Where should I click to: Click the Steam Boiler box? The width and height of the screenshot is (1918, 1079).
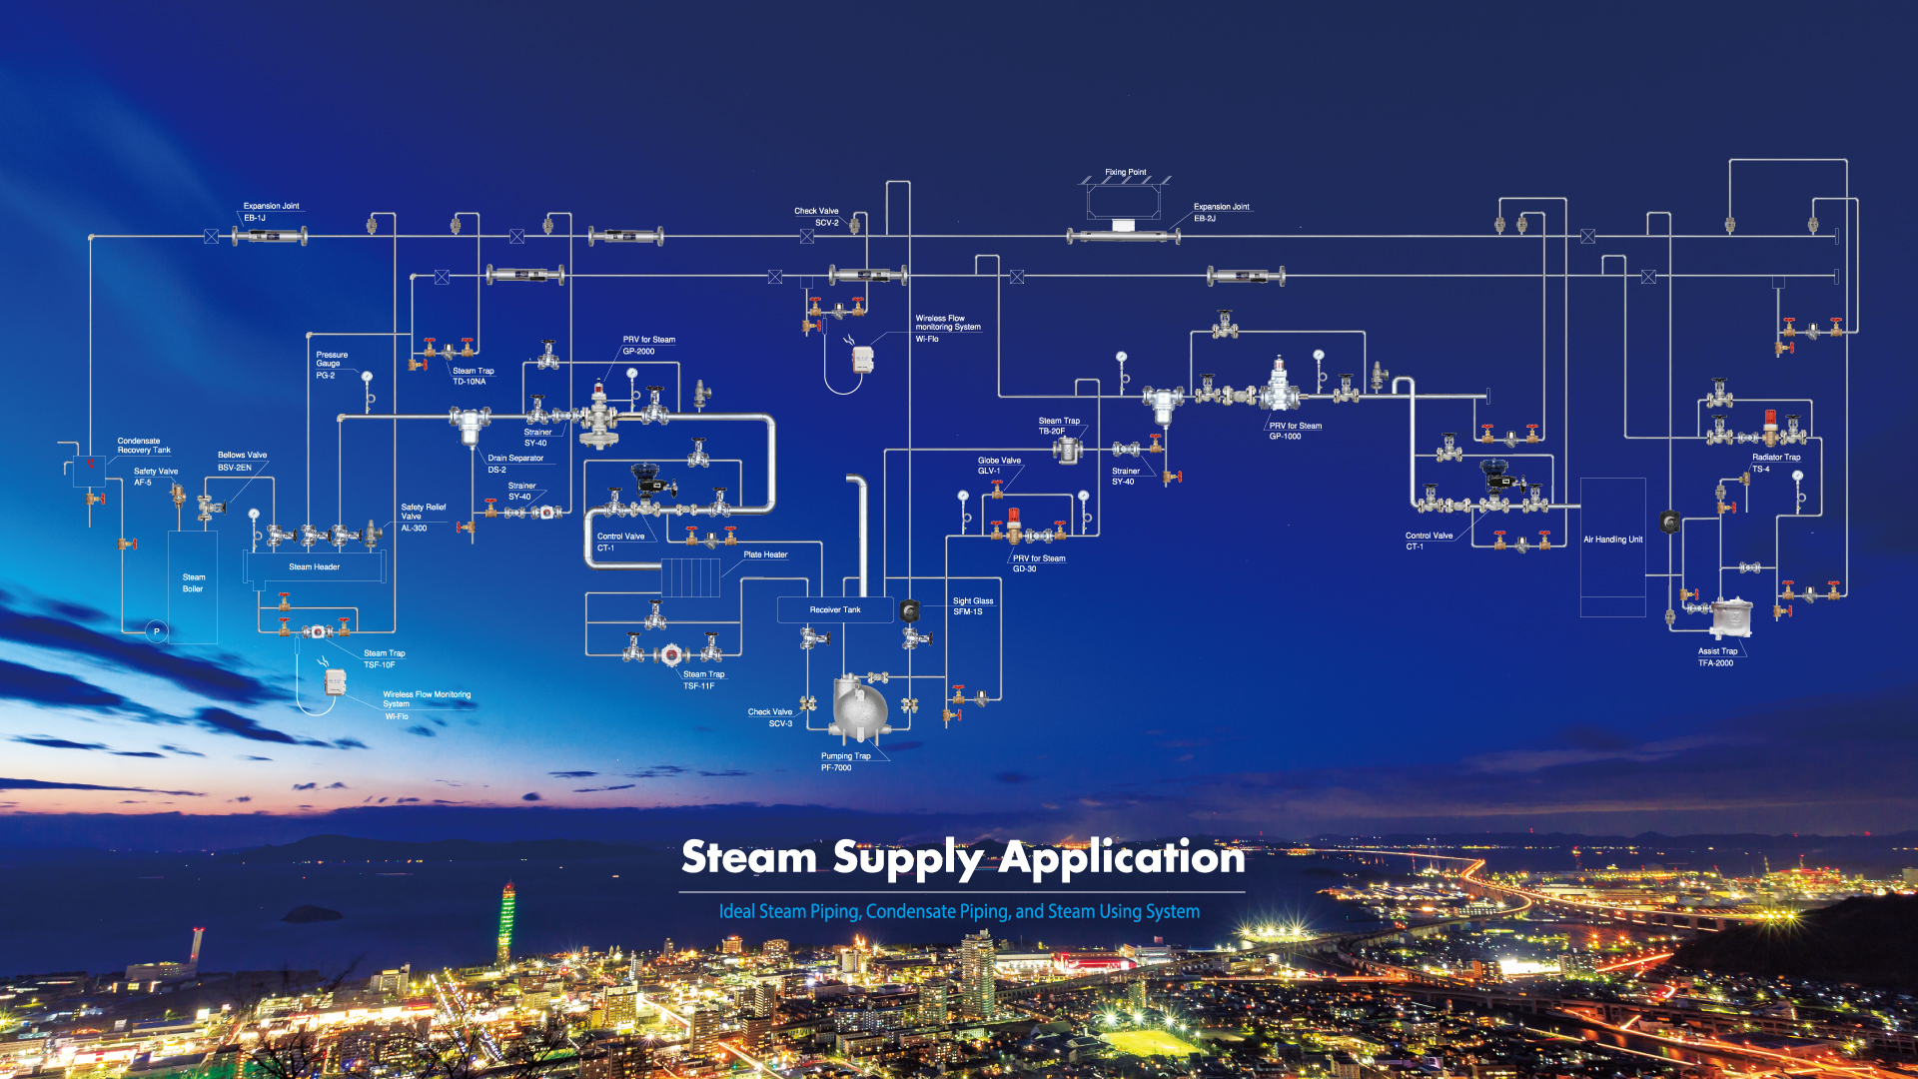tap(193, 583)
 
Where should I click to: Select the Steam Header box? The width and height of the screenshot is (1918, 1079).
tap(315, 566)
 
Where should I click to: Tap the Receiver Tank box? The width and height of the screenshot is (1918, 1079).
tap(835, 609)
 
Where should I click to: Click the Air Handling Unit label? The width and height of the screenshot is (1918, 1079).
tap(1612, 539)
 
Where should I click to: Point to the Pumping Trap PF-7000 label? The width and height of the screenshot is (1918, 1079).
tap(845, 761)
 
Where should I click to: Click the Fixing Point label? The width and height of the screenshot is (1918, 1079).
tap(1125, 172)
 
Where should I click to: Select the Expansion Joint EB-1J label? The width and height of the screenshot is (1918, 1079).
tap(270, 211)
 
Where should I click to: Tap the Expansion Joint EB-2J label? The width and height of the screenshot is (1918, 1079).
tap(1221, 212)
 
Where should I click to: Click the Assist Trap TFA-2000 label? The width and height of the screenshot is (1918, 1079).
tap(1717, 656)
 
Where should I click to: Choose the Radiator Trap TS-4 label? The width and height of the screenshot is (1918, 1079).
tap(1775, 463)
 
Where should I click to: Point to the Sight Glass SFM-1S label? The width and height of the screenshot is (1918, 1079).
tap(972, 606)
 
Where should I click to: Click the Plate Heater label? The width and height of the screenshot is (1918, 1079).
tap(765, 554)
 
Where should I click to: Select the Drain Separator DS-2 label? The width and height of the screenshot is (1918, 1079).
tap(514, 464)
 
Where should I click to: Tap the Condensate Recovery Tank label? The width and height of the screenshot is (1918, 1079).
tap(144, 445)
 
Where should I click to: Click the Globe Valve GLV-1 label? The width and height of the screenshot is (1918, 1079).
tap(998, 466)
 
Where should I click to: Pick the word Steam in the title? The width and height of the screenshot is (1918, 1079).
tap(749, 857)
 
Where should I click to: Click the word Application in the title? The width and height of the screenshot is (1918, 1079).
tap(1122, 857)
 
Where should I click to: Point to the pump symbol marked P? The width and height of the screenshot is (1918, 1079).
tap(156, 631)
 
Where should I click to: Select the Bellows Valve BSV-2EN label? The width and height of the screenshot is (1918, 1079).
tap(242, 461)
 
